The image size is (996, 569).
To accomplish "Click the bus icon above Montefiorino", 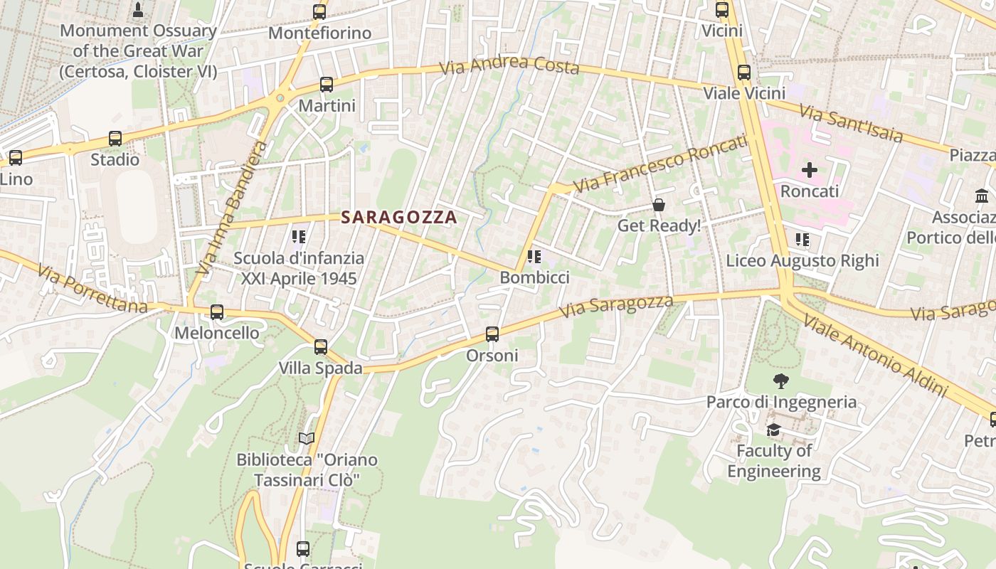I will pos(319,11).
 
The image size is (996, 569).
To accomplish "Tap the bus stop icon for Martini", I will pos(327,85).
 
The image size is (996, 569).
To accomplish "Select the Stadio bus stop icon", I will pos(115,139).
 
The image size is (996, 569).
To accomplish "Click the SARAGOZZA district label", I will pos(398,218).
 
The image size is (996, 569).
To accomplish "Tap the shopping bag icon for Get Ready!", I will pos(659,205).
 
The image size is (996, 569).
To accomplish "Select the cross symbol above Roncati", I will pos(810,170).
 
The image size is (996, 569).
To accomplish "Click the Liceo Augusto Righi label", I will pos(802,260).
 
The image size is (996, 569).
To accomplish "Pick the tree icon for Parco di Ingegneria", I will pos(780,381).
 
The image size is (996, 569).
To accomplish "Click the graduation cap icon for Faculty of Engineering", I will pos(773,430).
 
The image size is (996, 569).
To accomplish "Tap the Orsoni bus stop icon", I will pos(492,334).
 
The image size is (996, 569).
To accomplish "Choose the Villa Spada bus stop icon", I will pos(321,347).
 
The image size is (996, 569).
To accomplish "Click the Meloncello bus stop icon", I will pos(217,312).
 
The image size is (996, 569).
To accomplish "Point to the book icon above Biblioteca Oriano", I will pos(306,439).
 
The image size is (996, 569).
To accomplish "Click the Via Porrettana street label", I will pos(92,289).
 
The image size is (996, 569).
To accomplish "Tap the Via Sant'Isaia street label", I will pos(850,123).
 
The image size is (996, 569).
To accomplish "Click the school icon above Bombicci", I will pos(534,257).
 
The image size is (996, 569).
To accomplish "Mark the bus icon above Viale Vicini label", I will pos(743,72).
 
